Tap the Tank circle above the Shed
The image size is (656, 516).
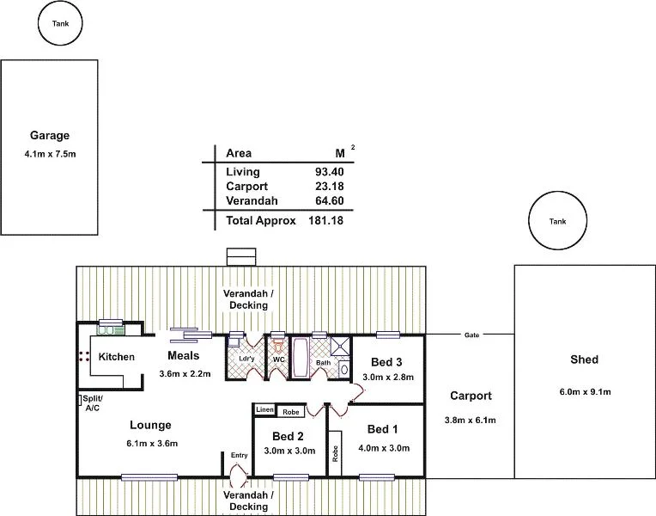(558, 221)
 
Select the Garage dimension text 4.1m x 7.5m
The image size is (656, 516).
(50, 155)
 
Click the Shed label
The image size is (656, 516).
(584, 359)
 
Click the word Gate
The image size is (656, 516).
(471, 335)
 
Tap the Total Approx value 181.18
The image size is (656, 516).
(326, 221)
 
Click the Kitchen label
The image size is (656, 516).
(116, 357)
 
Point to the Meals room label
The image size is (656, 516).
(183, 356)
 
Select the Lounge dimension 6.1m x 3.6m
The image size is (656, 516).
(151, 443)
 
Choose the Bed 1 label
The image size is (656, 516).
(383, 429)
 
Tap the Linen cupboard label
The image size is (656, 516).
(264, 410)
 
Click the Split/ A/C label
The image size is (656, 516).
(93, 403)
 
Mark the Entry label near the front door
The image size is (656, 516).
(239, 455)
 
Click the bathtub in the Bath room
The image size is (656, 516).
(302, 358)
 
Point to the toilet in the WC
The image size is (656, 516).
(278, 345)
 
